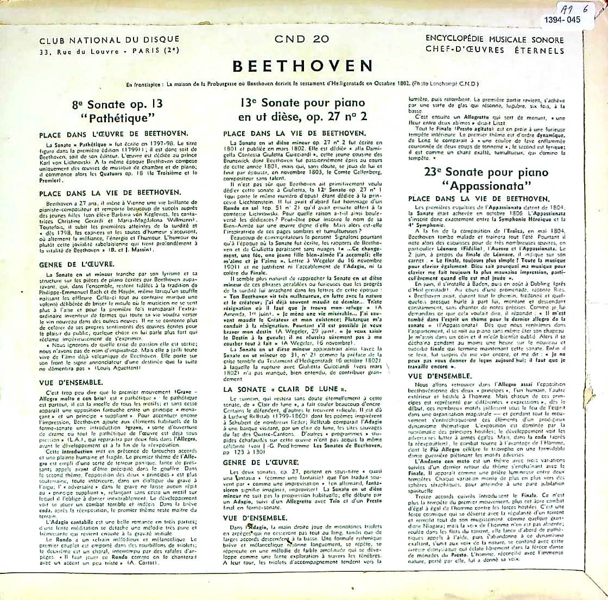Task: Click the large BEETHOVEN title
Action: (302, 66)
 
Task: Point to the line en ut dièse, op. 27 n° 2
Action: (302, 116)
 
